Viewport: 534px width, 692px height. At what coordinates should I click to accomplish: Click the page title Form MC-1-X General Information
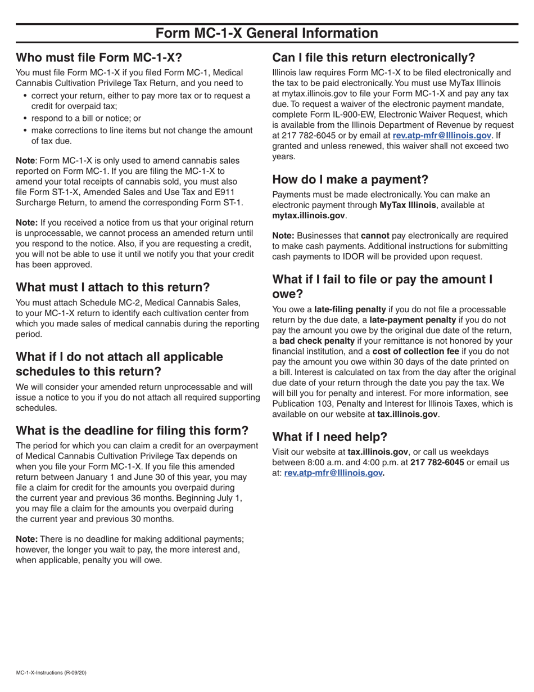[x=266, y=34]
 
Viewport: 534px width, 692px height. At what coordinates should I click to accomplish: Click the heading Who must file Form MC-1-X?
[x=99, y=58]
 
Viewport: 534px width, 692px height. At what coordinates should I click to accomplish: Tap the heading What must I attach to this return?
[x=112, y=287]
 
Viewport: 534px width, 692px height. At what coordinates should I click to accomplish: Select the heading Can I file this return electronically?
[x=373, y=58]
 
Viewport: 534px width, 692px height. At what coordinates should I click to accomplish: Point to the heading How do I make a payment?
[x=350, y=180]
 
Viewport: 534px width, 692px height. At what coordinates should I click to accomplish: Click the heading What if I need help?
[x=329, y=437]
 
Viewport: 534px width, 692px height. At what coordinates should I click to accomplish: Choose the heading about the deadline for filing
[x=132, y=431]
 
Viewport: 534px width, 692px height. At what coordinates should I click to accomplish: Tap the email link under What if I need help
[x=333, y=473]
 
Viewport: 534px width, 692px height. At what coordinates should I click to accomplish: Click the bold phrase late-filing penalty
[x=350, y=309]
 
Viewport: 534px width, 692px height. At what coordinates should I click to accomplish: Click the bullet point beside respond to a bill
[x=25, y=119]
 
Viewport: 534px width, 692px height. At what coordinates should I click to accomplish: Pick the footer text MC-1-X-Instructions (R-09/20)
[x=51, y=672]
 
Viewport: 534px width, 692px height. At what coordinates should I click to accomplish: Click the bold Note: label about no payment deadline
[x=26, y=539]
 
